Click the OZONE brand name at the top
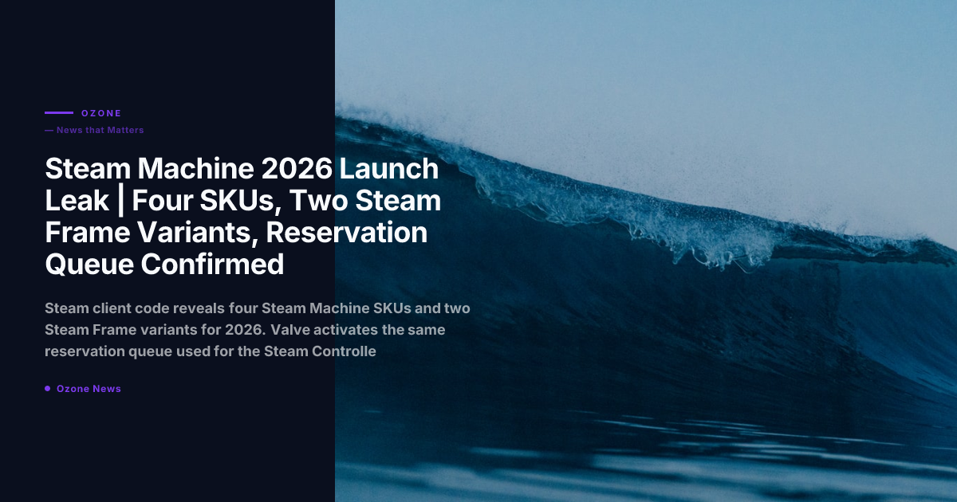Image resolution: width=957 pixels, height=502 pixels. point(101,113)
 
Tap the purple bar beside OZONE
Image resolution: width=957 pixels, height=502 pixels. point(59,112)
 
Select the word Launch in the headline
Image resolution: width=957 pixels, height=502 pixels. point(389,169)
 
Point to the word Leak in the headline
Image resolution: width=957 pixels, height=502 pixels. point(77,200)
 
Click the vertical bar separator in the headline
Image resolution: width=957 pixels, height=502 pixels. point(120,202)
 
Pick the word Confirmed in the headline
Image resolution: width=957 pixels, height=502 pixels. point(212,264)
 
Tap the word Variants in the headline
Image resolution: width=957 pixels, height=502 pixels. point(199,232)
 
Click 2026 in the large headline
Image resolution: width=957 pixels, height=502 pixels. point(297,169)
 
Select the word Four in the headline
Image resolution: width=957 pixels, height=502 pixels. point(163,200)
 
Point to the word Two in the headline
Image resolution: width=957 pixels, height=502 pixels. point(318,200)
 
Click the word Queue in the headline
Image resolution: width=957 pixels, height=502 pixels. point(89,265)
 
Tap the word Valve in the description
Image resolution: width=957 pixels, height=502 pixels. point(289,330)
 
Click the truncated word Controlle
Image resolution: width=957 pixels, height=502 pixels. point(344,351)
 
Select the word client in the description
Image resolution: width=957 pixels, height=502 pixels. point(112,308)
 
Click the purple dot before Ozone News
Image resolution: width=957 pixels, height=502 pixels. point(47,389)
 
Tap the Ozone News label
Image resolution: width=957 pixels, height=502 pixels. point(89,389)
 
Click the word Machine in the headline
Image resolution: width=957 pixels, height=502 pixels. point(195,169)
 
